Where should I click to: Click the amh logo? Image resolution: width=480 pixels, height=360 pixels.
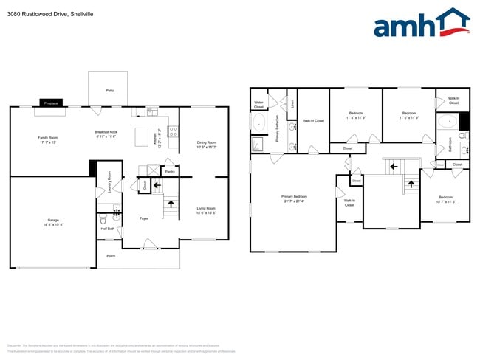421,24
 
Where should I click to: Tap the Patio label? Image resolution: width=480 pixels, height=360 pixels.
109,91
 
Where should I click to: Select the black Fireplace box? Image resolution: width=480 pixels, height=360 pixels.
51,104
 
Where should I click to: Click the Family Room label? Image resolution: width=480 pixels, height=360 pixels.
48,138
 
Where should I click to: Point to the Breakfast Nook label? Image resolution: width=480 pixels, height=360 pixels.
106,112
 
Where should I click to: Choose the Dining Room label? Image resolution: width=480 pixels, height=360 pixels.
206,142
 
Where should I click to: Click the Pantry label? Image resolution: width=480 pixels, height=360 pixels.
169,172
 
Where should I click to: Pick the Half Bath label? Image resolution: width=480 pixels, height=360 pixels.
108,229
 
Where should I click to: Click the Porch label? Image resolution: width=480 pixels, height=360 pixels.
111,257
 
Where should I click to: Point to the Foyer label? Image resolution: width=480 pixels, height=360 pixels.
144,218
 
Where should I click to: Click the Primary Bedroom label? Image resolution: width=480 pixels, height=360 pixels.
293,197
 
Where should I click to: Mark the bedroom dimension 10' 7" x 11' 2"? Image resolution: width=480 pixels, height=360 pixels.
445,201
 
